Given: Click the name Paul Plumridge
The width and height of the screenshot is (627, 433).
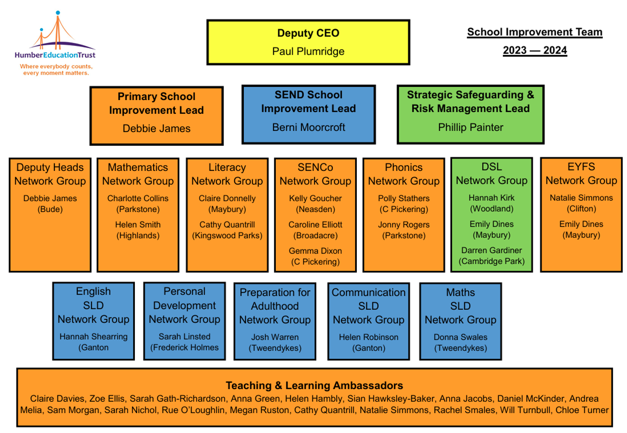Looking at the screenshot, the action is (x=308, y=51).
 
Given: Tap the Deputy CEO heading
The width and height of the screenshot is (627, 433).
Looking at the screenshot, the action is (x=308, y=33).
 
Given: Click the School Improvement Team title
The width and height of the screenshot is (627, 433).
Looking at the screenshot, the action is (x=535, y=32).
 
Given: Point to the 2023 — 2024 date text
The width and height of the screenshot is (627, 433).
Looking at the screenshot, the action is (x=535, y=51).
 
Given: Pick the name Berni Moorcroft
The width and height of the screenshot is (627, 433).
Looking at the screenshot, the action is (x=308, y=127).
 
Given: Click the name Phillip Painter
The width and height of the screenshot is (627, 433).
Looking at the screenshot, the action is (x=470, y=127).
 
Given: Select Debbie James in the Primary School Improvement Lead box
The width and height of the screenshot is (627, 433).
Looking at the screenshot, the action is (x=157, y=128).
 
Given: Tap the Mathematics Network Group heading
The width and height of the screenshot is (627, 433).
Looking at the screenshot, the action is (x=138, y=174).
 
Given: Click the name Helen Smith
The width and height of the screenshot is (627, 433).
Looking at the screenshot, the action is (x=138, y=225).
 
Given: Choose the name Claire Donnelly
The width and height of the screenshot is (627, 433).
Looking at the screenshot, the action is (x=227, y=198).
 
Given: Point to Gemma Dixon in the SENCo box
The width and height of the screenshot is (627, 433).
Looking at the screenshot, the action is (x=315, y=251).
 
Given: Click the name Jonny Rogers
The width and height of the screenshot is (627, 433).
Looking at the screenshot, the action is (x=404, y=225).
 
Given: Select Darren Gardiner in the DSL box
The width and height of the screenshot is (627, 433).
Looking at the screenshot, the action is (x=492, y=250).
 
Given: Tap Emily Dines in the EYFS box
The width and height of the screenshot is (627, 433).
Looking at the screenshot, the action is (x=581, y=224).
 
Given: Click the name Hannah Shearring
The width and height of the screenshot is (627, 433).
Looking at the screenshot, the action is (x=93, y=337).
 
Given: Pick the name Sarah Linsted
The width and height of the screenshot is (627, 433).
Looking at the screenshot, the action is (x=184, y=337).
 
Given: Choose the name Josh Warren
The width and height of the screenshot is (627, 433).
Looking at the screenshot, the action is (x=275, y=337).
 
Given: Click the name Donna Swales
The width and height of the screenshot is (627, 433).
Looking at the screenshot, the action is (x=461, y=337).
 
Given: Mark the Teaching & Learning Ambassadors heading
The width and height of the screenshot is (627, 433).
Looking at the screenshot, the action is (x=314, y=386).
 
